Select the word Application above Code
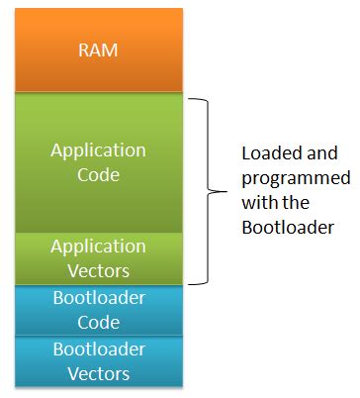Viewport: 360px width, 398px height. point(99,151)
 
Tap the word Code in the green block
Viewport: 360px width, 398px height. point(99,175)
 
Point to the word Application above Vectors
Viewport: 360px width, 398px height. point(99,246)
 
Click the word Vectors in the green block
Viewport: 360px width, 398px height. point(99,269)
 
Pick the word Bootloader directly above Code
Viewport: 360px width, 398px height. point(99,298)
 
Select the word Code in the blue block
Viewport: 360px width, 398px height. point(99,322)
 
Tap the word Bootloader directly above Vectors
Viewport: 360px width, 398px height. point(99,349)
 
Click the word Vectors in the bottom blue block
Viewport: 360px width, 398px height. point(99,373)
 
